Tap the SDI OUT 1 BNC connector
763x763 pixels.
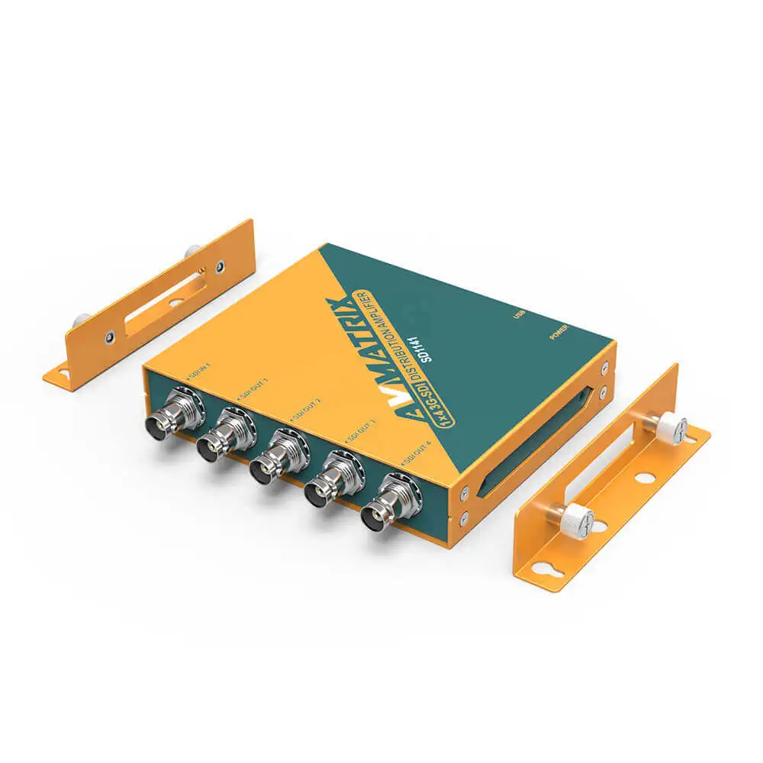click(x=217, y=442)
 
